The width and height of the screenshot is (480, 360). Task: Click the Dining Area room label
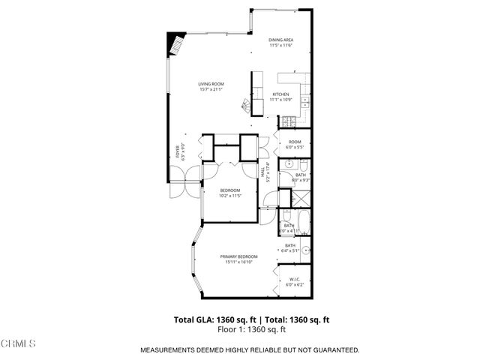280,42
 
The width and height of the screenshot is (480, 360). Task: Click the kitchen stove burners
289,121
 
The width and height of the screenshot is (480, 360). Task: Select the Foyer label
178,153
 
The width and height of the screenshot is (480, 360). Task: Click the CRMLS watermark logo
19,343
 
